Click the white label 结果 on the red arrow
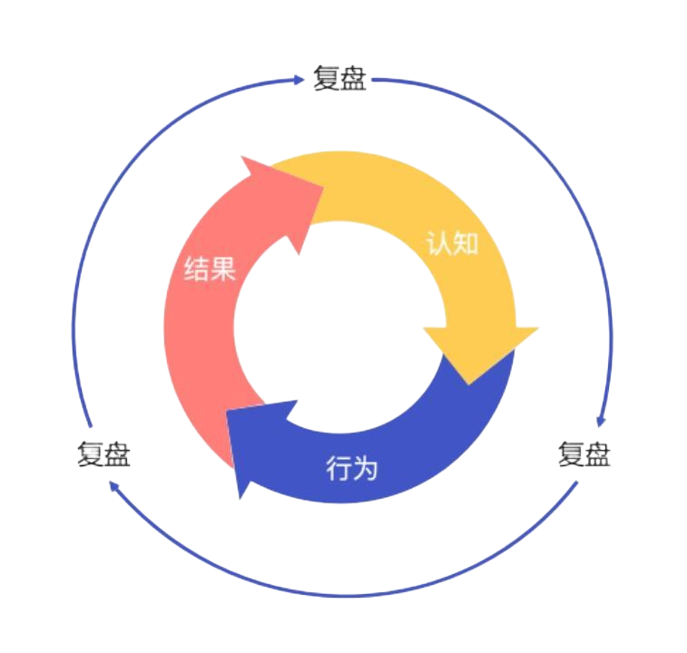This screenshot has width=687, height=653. click(210, 269)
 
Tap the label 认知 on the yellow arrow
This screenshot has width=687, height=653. click(452, 243)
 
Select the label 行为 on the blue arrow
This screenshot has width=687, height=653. click(351, 469)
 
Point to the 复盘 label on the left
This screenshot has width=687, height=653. click(103, 454)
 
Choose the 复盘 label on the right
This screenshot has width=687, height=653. click(584, 453)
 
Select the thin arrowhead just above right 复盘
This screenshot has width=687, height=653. click(600, 421)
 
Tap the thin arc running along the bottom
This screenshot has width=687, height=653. click(345, 595)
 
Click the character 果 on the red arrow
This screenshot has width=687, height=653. click(223, 269)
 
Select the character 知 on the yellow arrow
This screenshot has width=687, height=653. click(465, 243)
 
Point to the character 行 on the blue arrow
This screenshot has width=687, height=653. click(339, 469)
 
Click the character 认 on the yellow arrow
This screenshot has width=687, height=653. click(439, 243)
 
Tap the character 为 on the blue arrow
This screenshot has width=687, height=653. click(365, 469)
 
